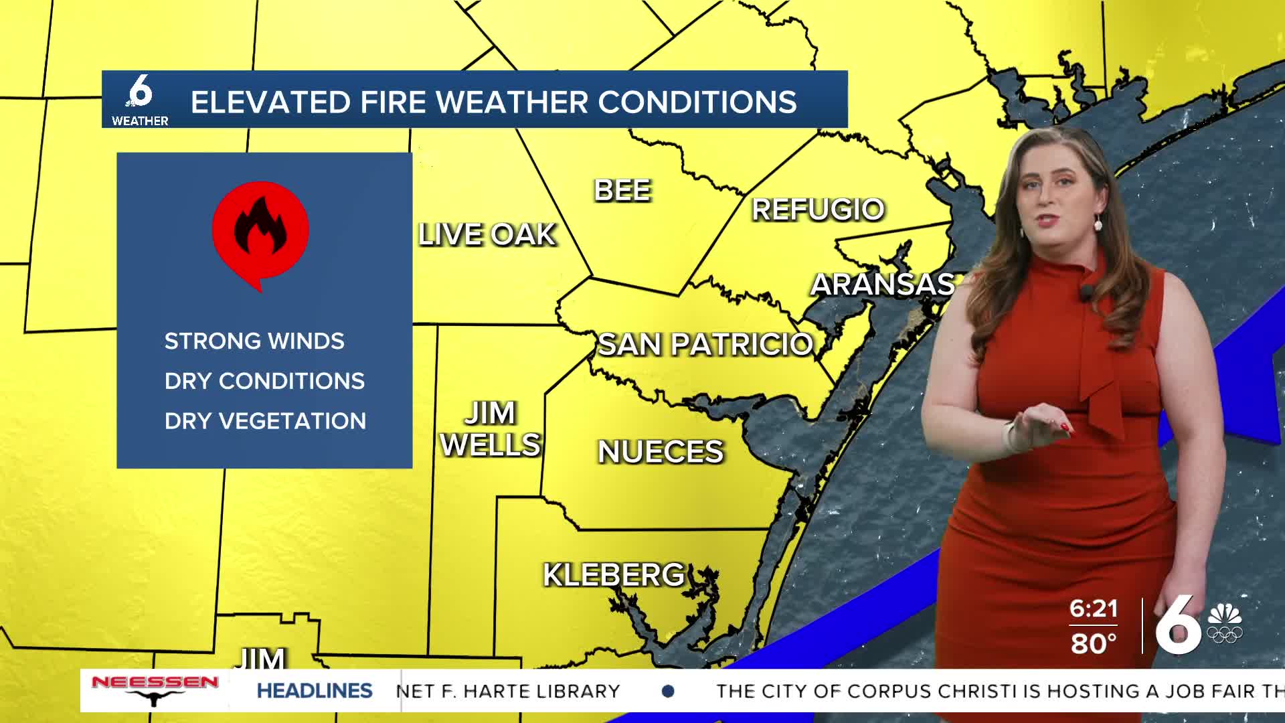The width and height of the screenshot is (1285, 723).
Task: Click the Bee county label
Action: click(622, 191)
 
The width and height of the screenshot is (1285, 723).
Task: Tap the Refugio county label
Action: click(818, 210)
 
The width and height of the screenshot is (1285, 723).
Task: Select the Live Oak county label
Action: click(487, 235)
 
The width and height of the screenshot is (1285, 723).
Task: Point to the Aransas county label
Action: click(883, 285)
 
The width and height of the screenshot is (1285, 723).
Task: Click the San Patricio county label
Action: click(705, 345)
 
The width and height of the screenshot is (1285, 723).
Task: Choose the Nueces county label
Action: click(661, 452)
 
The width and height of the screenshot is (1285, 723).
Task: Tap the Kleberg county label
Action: click(614, 575)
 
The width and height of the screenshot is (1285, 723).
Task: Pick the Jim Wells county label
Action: click(491, 429)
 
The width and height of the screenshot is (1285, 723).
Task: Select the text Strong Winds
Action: click(254, 341)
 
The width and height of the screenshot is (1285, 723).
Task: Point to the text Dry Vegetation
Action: click(265, 421)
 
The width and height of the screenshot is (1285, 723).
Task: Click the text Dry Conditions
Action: click(264, 381)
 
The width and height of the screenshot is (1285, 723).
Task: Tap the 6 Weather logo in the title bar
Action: click(140, 100)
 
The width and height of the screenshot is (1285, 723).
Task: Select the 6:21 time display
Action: click(1094, 609)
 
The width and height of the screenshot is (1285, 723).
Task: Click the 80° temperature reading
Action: click(1094, 643)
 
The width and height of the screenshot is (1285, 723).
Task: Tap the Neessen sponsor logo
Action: click(155, 690)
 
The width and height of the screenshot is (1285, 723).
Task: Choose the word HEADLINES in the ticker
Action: click(315, 691)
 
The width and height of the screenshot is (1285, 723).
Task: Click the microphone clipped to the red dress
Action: click(1087, 293)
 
